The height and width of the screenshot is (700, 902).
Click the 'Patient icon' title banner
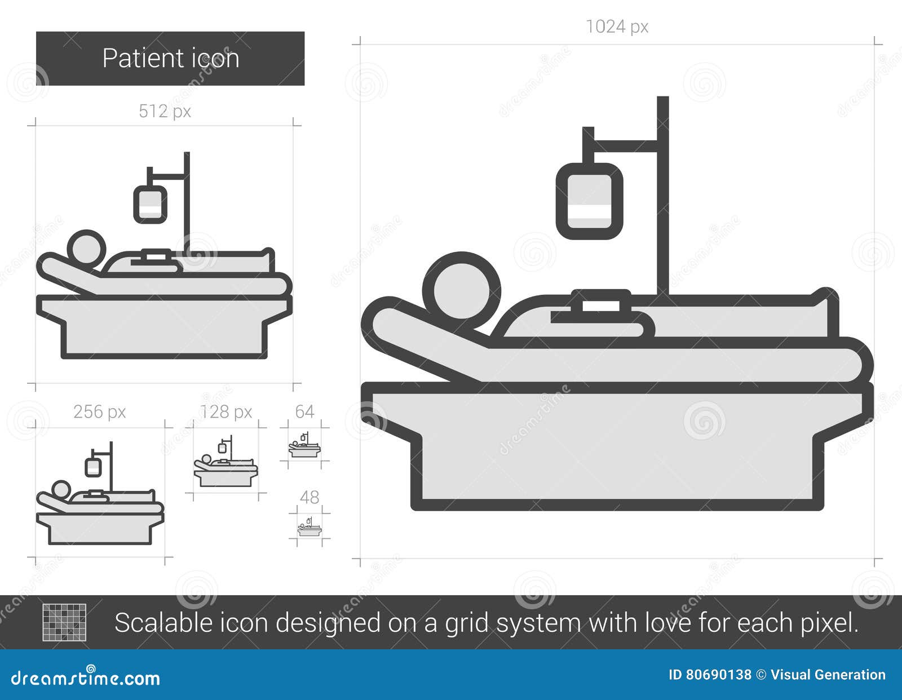click(170, 59)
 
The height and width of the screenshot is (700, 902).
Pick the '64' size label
click(304, 412)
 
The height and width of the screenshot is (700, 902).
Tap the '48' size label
click(309, 497)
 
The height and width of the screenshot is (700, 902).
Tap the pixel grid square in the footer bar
click(65, 622)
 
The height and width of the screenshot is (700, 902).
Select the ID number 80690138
click(718, 675)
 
